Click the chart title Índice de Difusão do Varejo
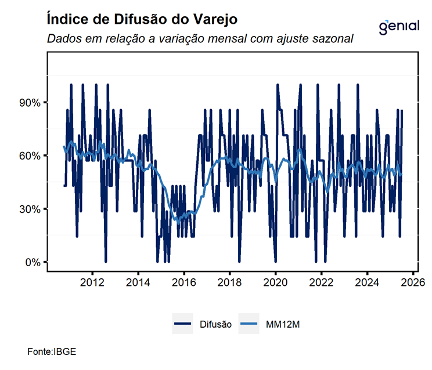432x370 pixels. point(142,19)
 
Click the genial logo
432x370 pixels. point(398,26)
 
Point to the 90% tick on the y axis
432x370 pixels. point(28,103)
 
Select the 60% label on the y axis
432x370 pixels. point(28,156)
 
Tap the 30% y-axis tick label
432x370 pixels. point(28,209)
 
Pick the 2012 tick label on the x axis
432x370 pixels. point(92,284)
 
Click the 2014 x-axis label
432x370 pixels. point(138,284)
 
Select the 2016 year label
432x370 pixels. point(183,284)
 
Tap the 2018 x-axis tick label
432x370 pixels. point(229,284)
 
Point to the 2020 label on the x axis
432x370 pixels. point(275,284)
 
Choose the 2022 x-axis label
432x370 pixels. point(321,284)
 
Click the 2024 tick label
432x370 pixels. point(367,284)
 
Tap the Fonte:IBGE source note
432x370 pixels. point(52,351)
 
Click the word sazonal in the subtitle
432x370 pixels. point(334,39)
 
